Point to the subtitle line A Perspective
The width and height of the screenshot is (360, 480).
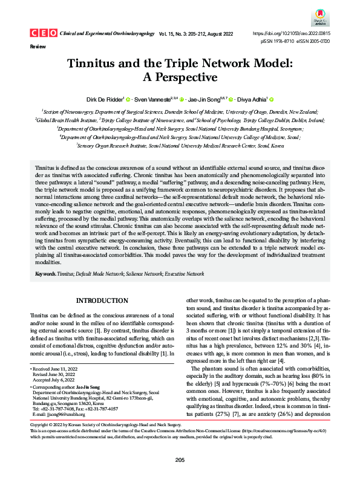click(179, 77)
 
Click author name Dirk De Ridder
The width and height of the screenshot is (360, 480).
click(103, 99)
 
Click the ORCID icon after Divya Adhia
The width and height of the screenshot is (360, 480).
click(272, 99)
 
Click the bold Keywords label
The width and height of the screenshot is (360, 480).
click(45, 274)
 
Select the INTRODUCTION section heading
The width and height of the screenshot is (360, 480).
click(102, 301)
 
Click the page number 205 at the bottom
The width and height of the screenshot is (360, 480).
click(180, 461)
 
